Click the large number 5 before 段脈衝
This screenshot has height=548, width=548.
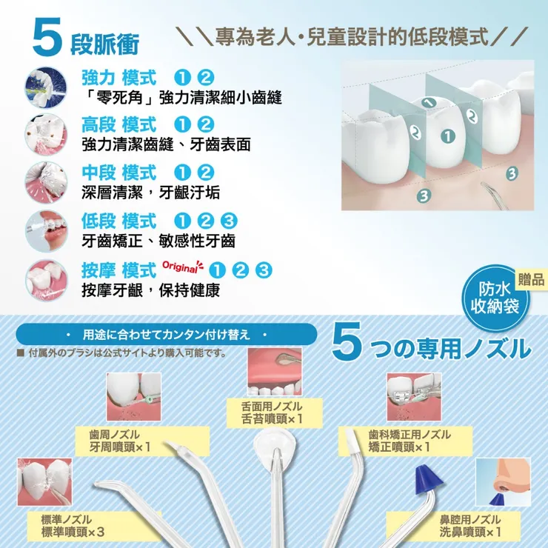click(47, 38)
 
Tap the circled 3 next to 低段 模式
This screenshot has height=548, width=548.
click(229, 221)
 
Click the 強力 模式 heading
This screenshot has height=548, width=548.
click(118, 78)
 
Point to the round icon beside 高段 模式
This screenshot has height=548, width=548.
click(46, 134)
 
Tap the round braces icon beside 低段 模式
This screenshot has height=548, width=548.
click(46, 231)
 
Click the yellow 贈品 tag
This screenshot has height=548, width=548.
click(531, 280)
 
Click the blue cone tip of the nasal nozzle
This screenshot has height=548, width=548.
click(428, 479)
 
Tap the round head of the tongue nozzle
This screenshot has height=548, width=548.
click(275, 444)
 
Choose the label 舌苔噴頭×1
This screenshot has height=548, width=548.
click(272, 418)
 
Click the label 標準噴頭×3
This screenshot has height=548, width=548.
click(73, 532)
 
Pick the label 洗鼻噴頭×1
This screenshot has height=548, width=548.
click(470, 532)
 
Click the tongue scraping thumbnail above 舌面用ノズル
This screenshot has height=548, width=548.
click(275, 372)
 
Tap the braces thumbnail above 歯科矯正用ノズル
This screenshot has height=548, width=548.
click(414, 397)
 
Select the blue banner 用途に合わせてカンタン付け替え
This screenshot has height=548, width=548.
click(167, 335)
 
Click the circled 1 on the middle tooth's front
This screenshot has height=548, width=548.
click(448, 136)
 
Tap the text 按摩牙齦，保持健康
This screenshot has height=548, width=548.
click(150, 290)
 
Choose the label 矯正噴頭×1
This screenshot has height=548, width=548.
click(399, 447)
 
